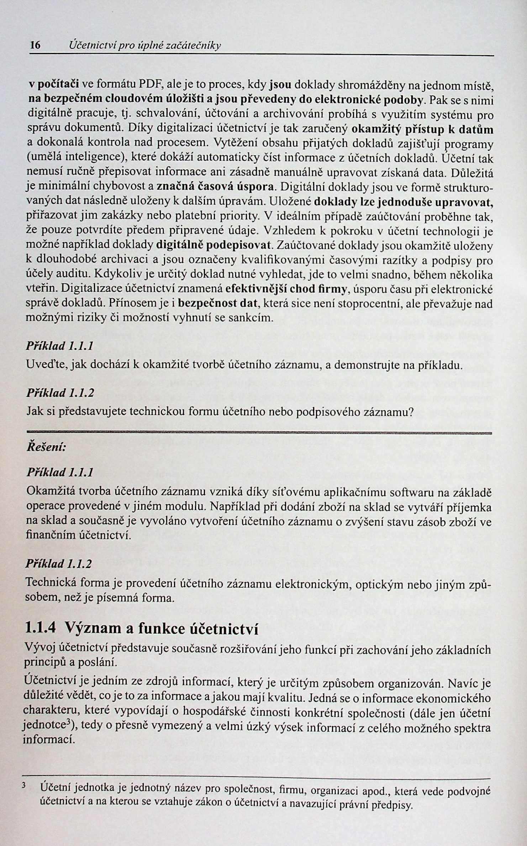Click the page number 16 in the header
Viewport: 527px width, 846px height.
click(x=35, y=46)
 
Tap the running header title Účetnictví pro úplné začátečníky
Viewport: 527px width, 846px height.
click(x=145, y=46)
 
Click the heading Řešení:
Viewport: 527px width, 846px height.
click(x=46, y=447)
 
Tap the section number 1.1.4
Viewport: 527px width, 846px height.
click(x=41, y=629)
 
